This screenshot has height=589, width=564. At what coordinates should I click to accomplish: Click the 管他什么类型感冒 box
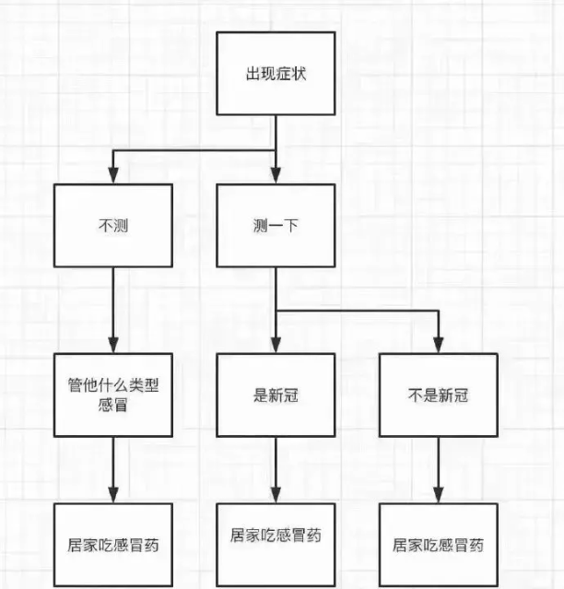(x=112, y=395)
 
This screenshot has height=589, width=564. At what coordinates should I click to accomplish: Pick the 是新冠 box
(x=276, y=395)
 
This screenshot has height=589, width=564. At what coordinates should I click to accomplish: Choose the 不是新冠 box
(x=438, y=395)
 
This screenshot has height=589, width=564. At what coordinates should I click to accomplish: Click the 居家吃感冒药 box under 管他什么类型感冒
(x=112, y=544)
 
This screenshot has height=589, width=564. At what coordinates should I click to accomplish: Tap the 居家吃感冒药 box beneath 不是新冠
(x=438, y=544)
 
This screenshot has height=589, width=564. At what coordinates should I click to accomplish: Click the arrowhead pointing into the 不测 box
(x=112, y=176)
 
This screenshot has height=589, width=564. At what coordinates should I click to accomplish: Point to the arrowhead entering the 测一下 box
(x=276, y=176)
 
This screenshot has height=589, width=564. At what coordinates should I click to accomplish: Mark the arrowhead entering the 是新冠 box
(x=276, y=346)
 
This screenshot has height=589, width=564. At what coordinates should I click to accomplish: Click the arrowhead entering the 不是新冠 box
(x=438, y=346)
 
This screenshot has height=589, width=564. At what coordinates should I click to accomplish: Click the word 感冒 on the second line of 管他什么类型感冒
(x=112, y=406)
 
